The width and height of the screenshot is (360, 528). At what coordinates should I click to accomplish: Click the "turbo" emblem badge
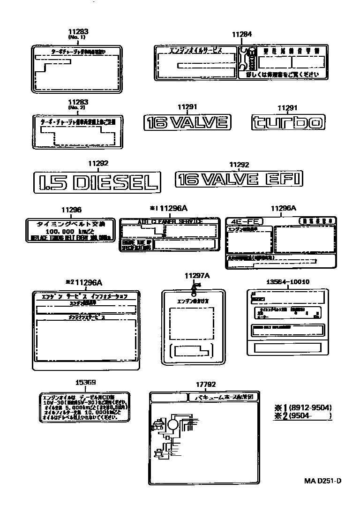tap(287, 122)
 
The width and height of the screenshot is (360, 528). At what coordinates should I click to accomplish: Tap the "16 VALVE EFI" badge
tap(239, 179)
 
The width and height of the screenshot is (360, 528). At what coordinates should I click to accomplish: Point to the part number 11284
tap(242, 34)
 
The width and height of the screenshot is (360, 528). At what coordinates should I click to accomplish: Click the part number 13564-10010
tap(281, 282)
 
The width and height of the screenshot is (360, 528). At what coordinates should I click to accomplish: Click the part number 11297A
tap(197, 276)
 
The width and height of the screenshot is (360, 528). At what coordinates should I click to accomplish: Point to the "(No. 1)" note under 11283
tap(78, 37)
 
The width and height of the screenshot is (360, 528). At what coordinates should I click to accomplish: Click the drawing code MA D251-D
tap(322, 481)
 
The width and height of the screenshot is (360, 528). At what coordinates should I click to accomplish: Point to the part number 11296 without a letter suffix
tap(71, 211)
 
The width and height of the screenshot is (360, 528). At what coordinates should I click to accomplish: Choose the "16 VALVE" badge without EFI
tap(187, 123)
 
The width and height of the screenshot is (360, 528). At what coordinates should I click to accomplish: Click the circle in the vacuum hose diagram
tap(173, 425)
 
